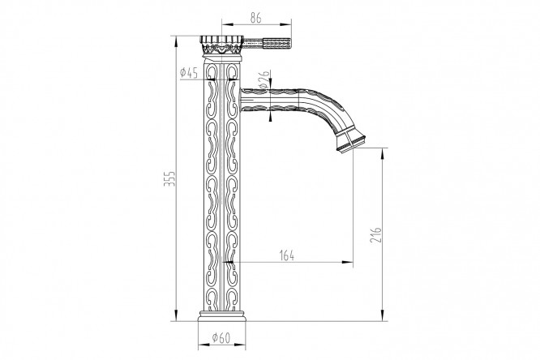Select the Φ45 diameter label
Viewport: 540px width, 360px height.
[x=189, y=74]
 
